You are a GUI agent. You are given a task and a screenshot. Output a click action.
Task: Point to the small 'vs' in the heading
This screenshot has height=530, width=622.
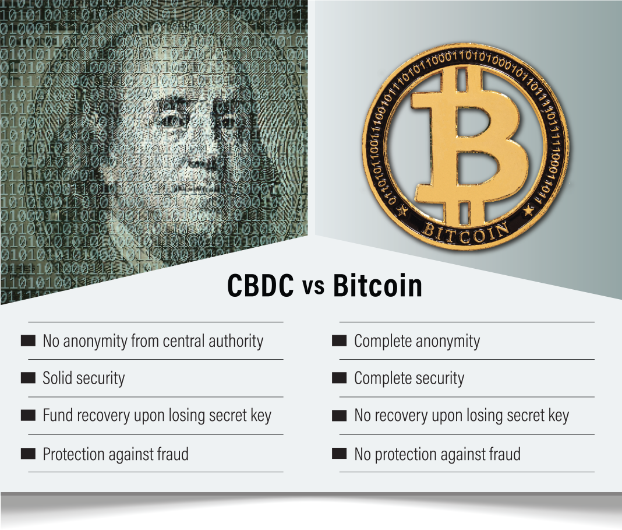point(313,288)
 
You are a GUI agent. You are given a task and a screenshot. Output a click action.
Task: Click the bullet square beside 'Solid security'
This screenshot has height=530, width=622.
point(28,378)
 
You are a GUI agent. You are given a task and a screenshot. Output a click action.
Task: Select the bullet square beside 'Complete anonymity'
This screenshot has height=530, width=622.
point(339,341)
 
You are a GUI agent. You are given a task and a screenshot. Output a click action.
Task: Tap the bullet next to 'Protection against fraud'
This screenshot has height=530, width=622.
point(28,454)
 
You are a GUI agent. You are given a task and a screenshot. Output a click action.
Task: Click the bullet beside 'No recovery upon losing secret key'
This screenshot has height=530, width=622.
point(339,416)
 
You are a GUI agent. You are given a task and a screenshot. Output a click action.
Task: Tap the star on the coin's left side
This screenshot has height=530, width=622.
point(402,211)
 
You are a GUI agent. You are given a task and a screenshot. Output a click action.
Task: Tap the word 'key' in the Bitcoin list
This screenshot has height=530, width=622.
point(557,416)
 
